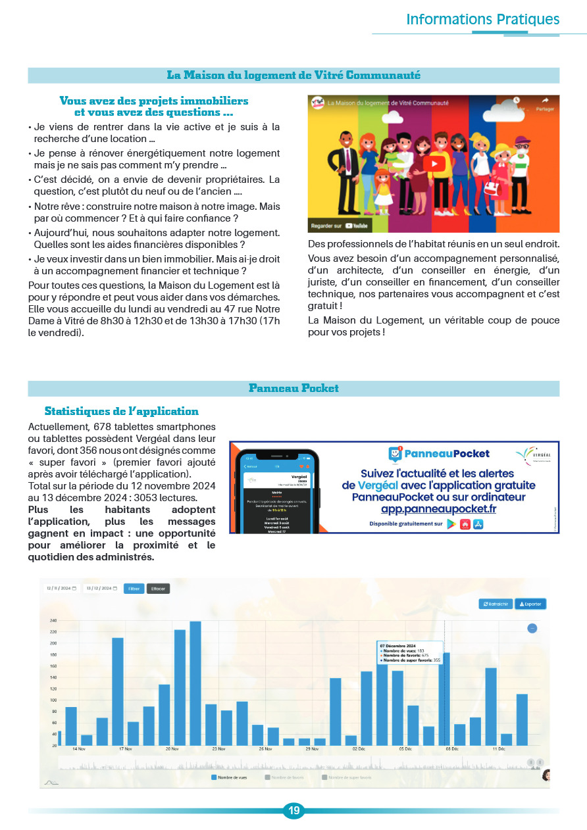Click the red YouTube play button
[x=433, y=164]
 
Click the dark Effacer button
[x=158, y=589]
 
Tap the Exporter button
[x=530, y=604]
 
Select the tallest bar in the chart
[x=195, y=683]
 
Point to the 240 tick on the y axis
[x=53, y=621]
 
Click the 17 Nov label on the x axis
[x=126, y=749]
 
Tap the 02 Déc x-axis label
[x=359, y=749]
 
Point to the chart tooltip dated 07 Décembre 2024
[x=409, y=653]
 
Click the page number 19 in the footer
[x=293, y=811]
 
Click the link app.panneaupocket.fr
[x=438, y=509]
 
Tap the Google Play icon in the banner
[x=451, y=524]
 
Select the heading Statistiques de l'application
[x=122, y=412]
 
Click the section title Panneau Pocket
[x=293, y=389]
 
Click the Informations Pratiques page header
[x=482, y=19]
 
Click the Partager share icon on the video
[x=544, y=104]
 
